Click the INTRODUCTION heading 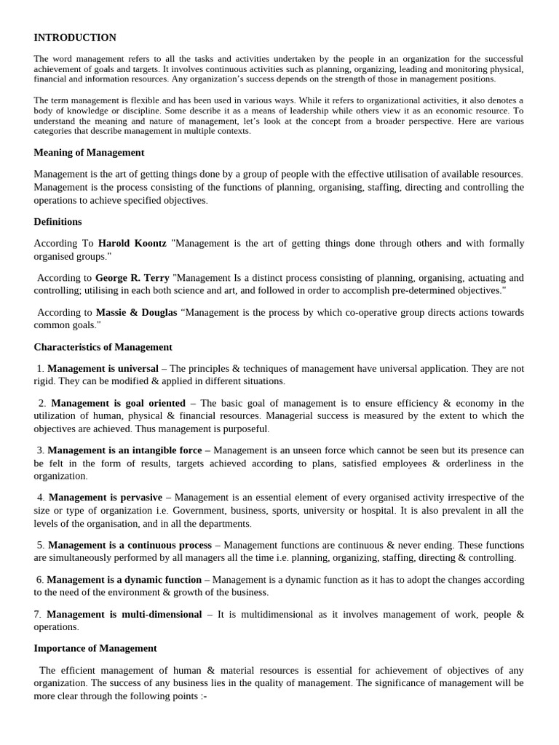(x=75, y=38)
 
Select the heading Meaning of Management (x=89, y=153)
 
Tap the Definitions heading (x=58, y=222)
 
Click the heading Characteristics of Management (x=103, y=348)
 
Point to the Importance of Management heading (x=95, y=648)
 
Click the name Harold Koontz (x=132, y=244)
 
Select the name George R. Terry (x=132, y=278)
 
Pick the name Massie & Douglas (x=136, y=313)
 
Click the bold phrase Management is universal (x=103, y=369)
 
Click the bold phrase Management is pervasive (x=106, y=498)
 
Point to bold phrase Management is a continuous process (x=130, y=545)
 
